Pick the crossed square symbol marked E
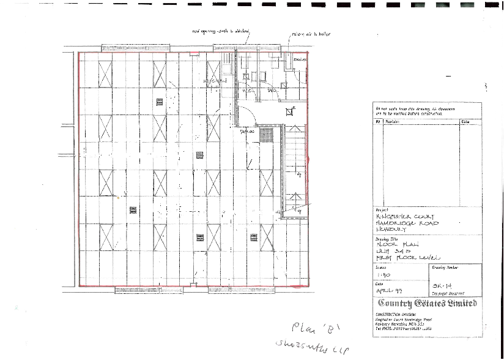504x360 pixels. point(289,111)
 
